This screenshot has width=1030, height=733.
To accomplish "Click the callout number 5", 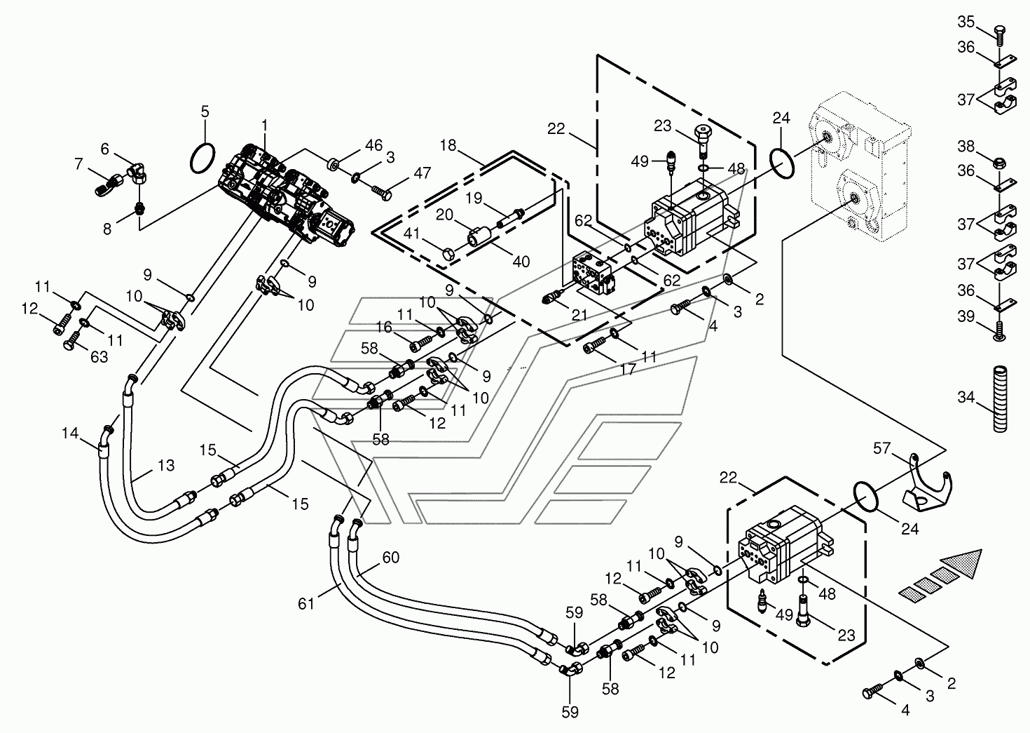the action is tap(205, 112).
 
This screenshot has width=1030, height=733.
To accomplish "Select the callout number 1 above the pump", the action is tap(264, 125).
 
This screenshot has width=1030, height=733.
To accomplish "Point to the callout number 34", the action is tap(966, 396).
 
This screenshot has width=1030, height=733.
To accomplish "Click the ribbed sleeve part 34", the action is tap(1000, 398).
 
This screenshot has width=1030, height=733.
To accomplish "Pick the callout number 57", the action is tap(881, 448).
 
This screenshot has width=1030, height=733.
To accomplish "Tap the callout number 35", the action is tap(966, 22).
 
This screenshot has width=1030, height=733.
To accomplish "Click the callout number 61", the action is tap(306, 603).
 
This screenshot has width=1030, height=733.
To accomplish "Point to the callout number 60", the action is tap(391, 558).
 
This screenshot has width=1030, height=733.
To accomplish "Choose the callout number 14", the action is tap(70, 433).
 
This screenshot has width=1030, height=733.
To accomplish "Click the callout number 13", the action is tap(166, 466).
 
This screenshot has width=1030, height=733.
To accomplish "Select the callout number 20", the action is tap(444, 215).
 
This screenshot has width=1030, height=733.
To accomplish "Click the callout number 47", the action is tap(422, 173).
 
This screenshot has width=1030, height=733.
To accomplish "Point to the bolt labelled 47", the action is tap(382, 192).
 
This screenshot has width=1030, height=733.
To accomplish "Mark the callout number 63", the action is tap(99, 357).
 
